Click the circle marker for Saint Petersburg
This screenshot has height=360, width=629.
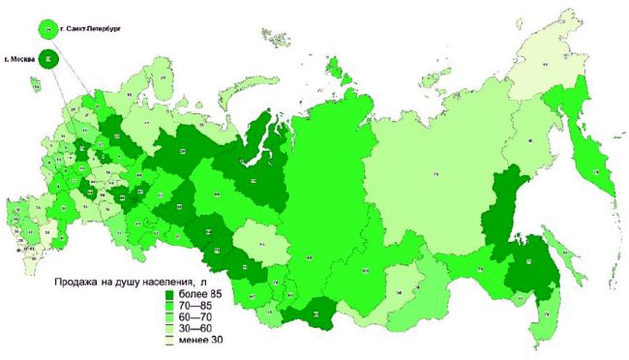pos(47,29)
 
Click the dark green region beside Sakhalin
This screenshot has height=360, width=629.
pos(530,266)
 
